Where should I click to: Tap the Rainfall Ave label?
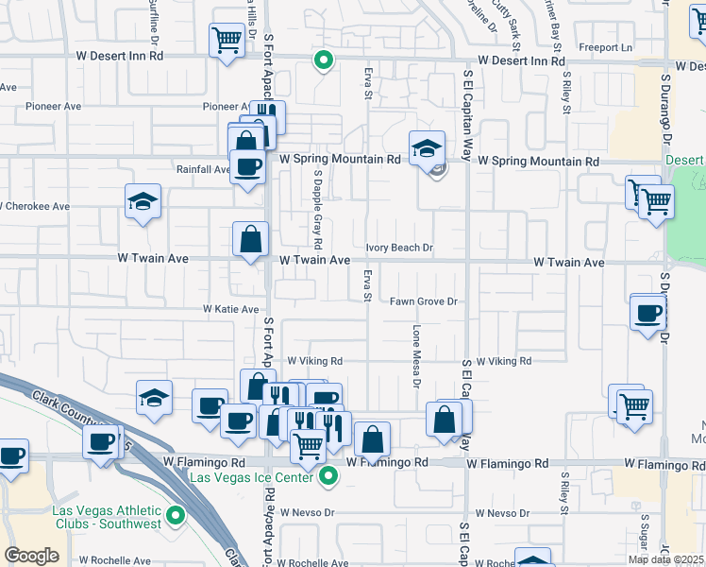203,170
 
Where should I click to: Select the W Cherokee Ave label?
36,206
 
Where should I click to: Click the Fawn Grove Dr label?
424,301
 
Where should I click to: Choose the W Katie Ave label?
230,309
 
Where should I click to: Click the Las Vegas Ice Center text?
252,477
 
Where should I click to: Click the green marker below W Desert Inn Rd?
323,62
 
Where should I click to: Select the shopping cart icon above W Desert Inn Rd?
227,41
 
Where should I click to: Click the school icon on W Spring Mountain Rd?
427,147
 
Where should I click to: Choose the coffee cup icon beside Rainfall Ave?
247,168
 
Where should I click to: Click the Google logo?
31,556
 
